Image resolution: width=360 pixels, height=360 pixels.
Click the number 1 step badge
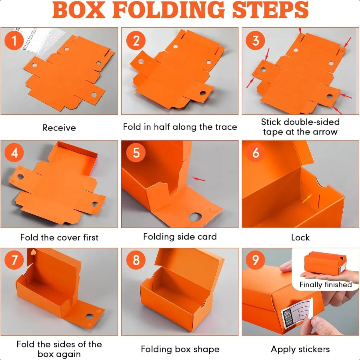pos(14,41)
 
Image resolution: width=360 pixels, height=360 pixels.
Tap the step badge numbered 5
pos(136,153)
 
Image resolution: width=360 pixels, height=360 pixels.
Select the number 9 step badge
pos(255,260)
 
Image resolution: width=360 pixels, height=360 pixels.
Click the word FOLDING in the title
pos(168,10)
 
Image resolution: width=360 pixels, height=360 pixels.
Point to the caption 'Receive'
pos(59,128)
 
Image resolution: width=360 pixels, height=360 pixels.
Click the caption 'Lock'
pos(300,237)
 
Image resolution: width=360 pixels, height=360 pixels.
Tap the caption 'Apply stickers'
pos(300,350)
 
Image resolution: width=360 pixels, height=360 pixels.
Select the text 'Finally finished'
pos(326,285)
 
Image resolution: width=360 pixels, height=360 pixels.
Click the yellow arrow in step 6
pos(307,198)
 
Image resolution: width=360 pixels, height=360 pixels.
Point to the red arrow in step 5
pos(198,179)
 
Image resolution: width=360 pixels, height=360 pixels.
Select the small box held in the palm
pos(325,262)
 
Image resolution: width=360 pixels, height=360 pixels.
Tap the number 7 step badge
pos(14,260)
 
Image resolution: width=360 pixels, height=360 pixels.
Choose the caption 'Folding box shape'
pos(180,350)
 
